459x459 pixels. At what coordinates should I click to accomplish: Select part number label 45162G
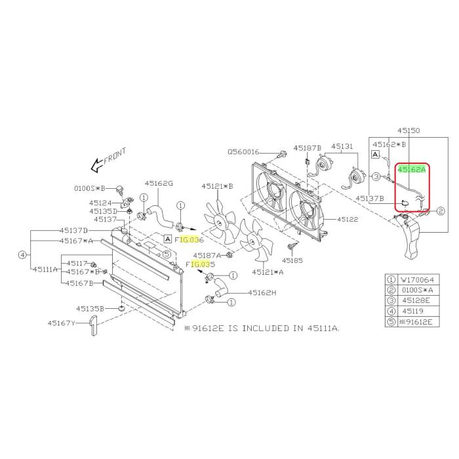click(x=159, y=184)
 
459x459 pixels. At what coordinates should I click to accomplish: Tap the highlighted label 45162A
click(x=412, y=169)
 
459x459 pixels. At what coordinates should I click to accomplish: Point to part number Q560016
click(x=244, y=151)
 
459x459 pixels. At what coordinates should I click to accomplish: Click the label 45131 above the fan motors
click(x=342, y=148)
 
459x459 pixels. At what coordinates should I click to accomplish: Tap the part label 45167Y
click(x=61, y=323)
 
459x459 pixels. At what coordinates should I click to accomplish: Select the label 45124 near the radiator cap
click(x=101, y=203)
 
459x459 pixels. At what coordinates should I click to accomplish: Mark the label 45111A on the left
click(x=46, y=269)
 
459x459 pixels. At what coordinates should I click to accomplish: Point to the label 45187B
click(x=307, y=148)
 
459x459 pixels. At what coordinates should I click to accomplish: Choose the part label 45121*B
click(x=217, y=186)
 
